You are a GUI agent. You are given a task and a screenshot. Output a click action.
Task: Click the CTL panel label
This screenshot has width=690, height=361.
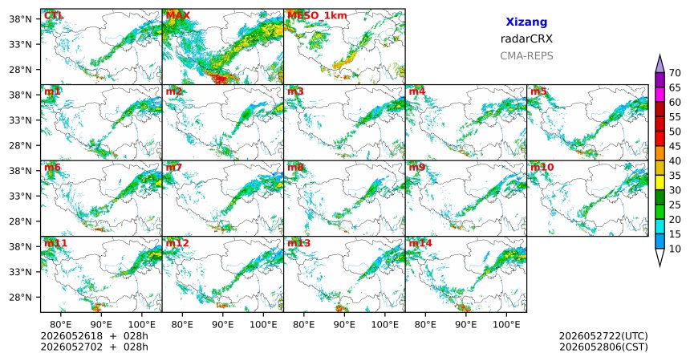[54, 16]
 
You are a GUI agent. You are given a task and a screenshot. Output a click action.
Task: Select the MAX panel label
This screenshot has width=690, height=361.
[178, 16]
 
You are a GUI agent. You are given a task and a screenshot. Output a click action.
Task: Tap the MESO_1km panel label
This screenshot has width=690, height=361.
[317, 16]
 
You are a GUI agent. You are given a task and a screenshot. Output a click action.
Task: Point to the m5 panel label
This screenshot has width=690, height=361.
[538, 91]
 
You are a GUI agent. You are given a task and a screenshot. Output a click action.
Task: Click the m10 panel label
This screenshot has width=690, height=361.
[542, 168]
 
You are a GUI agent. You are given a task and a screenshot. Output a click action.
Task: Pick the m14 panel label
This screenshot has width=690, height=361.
[420, 243]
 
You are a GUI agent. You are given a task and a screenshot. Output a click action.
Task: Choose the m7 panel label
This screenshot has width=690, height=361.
[174, 168]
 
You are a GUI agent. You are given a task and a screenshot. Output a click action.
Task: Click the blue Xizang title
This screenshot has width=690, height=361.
[526, 22]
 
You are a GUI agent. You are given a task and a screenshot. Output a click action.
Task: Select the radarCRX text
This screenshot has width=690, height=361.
[526, 39]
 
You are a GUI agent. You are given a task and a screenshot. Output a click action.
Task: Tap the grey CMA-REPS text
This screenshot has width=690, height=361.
[526, 56]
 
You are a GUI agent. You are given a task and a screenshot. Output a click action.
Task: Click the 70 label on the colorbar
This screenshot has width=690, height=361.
[675, 73]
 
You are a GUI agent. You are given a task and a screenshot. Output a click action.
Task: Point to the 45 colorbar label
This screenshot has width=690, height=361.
[675, 146]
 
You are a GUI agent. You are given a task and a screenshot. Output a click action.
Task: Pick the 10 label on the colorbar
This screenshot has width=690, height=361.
[675, 249]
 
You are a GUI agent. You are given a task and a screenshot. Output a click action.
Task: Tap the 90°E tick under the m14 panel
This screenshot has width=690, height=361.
[465, 325]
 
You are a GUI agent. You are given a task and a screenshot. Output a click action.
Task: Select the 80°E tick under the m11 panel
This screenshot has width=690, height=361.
[61, 325]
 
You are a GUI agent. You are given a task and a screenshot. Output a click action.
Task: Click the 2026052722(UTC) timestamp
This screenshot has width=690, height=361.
[603, 336]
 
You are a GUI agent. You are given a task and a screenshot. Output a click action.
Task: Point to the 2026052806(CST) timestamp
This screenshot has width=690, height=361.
[603, 347]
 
